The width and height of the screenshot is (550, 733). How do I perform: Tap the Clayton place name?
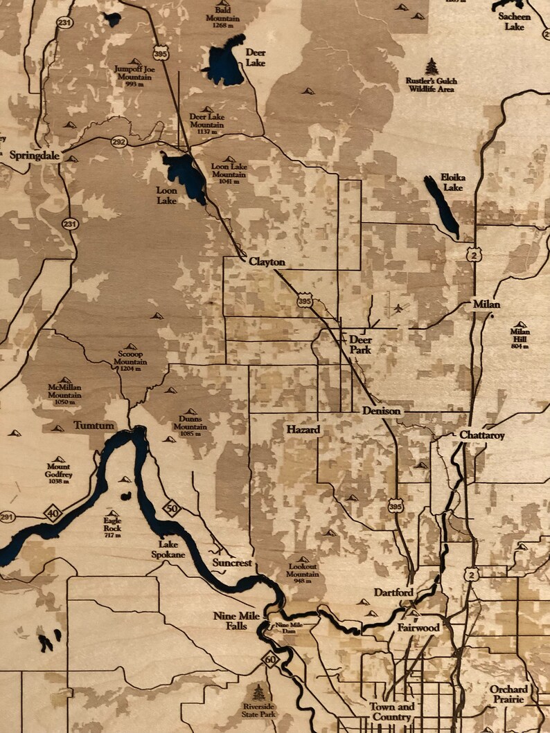267,262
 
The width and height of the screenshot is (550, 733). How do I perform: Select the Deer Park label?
360,344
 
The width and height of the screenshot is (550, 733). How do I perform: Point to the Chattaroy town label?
482,435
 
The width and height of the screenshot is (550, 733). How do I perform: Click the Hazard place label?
303,430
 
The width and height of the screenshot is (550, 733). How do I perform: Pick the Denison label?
381,410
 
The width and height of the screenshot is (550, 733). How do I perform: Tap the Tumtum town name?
94,425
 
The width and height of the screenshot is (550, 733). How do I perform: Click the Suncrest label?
232,563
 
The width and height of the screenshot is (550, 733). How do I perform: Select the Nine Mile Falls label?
234,621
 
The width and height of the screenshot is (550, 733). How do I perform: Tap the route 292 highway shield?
118,142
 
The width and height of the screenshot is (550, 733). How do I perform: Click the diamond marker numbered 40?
53,513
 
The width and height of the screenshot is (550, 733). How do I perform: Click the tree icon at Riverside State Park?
259,691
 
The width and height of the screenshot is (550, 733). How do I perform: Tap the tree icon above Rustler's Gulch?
432,66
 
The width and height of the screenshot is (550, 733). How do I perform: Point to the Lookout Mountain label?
303,570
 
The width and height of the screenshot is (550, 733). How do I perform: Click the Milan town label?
486,304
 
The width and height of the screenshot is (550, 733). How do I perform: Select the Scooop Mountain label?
130,357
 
